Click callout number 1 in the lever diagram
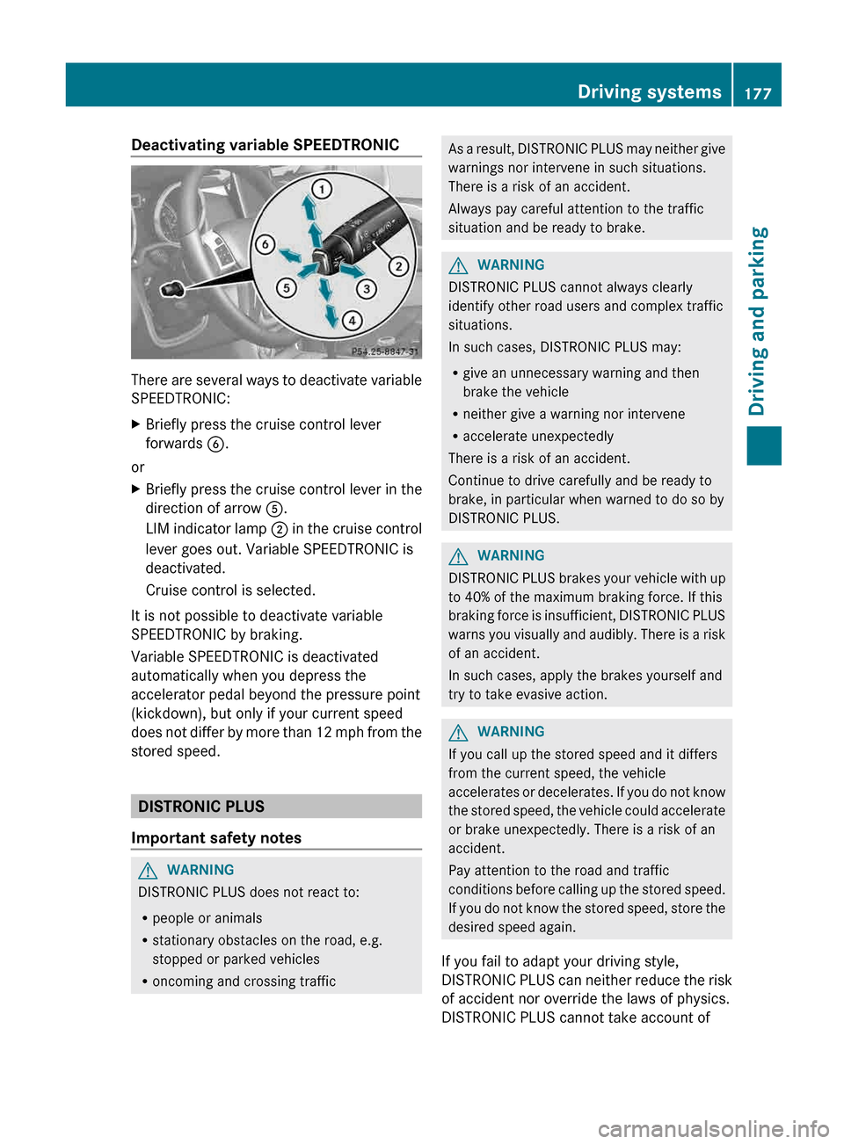click(322, 189)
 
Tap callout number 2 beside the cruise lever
click(398, 265)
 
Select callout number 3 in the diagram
click(366, 288)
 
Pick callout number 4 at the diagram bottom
click(352, 320)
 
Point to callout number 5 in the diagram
click(286, 287)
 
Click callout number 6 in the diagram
click(265, 244)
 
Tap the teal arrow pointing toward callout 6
click(288, 256)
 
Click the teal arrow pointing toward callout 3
click(351, 272)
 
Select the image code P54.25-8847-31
click(385, 351)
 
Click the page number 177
click(757, 93)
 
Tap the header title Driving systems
click(649, 92)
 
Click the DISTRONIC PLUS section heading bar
click(276, 807)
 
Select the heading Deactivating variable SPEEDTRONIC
click(265, 145)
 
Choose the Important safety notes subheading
click(216, 837)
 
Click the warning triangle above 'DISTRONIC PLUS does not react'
click(148, 871)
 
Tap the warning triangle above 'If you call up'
click(458, 732)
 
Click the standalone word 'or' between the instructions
click(138, 467)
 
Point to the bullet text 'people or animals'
click(207, 918)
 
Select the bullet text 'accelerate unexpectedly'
click(538, 437)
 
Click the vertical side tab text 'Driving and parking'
click(758, 321)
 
